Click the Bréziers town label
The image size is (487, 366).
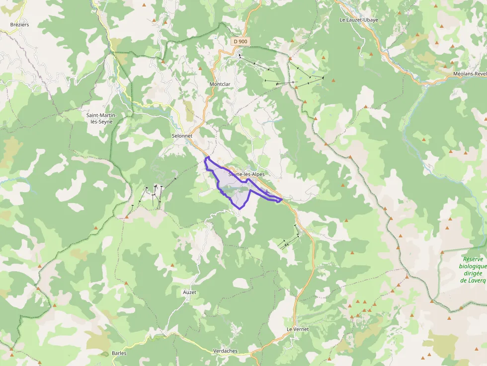(x=20, y=24)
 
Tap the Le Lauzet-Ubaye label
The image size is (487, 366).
(x=359, y=20)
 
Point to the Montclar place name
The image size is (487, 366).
(x=220, y=84)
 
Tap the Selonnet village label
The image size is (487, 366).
(x=181, y=136)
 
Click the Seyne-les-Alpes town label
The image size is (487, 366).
(x=246, y=174)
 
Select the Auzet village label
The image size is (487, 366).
(x=189, y=293)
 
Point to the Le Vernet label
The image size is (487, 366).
(x=298, y=329)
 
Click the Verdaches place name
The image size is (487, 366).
(x=225, y=351)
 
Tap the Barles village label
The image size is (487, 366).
(x=119, y=354)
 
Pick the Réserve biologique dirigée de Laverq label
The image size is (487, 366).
(x=473, y=270)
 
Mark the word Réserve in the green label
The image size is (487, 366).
(x=473, y=259)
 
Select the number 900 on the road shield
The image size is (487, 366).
(x=243, y=41)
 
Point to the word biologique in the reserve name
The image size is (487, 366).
(x=473, y=266)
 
